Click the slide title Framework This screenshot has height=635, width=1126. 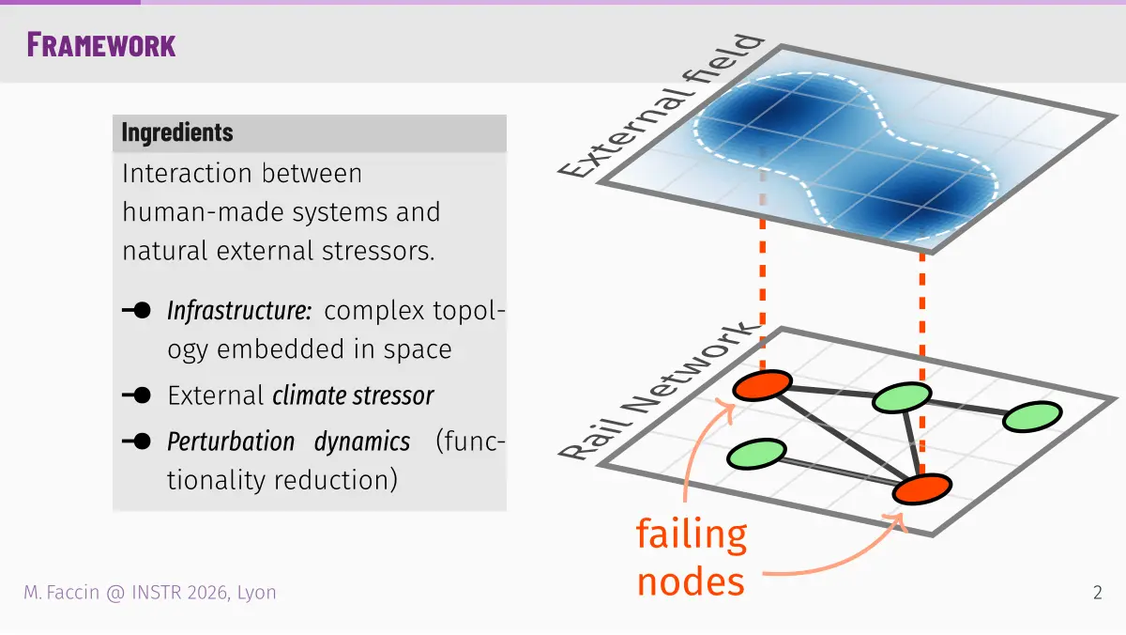click(x=101, y=45)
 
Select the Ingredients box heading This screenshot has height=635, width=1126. click(x=177, y=132)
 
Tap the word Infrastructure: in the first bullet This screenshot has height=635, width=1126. click(x=239, y=311)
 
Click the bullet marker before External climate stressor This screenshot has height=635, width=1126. click(x=136, y=395)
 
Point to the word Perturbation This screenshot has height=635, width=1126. click(x=231, y=442)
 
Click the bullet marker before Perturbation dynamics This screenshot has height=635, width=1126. click(x=136, y=441)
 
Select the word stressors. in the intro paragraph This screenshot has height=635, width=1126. click(x=378, y=251)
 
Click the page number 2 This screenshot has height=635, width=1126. click(x=1097, y=593)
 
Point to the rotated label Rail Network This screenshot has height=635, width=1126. click(x=659, y=392)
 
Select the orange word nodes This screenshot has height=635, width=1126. click(x=691, y=581)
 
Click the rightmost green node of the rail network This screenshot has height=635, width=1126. click(x=1032, y=417)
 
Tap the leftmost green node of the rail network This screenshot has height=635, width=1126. click(x=756, y=454)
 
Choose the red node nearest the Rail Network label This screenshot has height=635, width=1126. click(x=762, y=385)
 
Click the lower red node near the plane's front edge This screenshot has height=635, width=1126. click(x=921, y=488)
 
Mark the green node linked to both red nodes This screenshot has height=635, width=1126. click(x=902, y=397)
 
